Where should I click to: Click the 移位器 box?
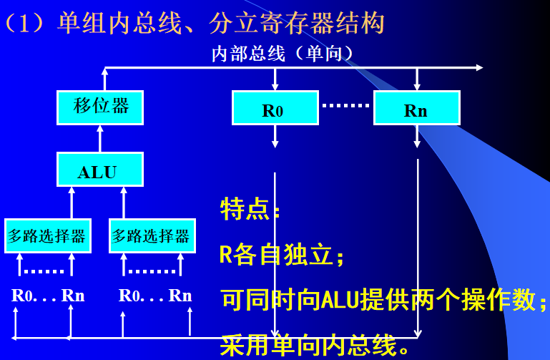100,107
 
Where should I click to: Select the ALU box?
100,170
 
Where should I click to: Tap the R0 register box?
275,109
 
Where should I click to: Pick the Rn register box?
416,109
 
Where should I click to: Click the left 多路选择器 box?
47,235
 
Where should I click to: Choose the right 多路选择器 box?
152,235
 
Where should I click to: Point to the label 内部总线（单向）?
283,54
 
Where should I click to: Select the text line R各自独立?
282,254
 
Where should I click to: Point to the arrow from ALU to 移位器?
100,138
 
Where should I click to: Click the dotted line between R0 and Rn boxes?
345,105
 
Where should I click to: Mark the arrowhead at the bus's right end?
478,68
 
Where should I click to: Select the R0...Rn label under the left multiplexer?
48,295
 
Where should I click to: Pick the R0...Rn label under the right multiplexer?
155,295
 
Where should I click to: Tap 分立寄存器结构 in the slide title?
297,23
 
